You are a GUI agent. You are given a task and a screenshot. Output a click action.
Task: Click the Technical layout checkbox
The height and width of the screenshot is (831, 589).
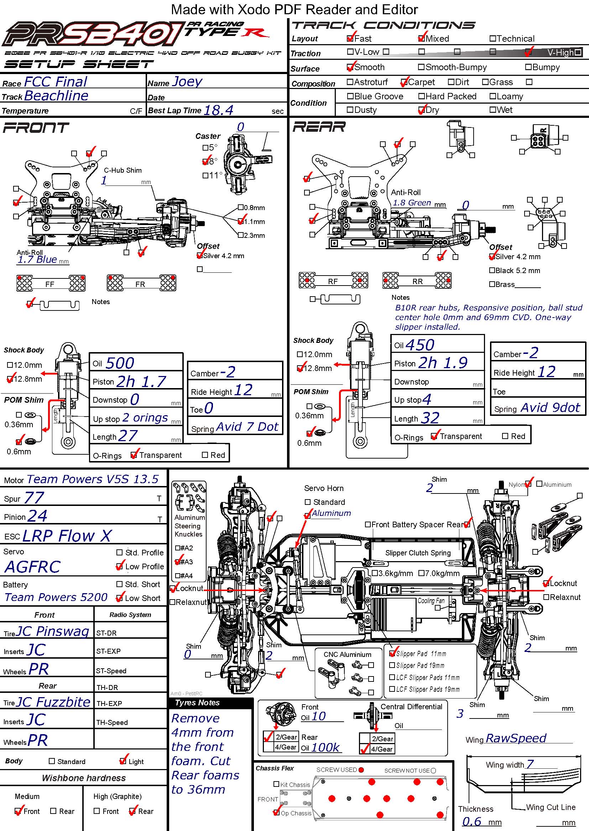(x=492, y=38)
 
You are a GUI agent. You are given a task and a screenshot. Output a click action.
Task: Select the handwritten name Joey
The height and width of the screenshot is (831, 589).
(x=187, y=82)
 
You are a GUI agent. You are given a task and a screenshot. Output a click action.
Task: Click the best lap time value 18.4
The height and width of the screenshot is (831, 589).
(x=218, y=110)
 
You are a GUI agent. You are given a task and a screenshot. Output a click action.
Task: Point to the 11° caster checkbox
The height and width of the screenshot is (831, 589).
(x=205, y=176)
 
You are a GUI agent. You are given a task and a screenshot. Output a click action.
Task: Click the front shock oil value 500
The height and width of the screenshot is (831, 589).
(x=120, y=363)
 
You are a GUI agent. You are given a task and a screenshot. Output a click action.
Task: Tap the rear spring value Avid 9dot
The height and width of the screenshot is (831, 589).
(x=551, y=408)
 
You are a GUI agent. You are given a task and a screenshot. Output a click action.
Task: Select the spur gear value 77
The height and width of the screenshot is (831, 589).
(x=34, y=498)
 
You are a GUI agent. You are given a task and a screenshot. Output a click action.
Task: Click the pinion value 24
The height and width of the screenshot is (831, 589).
(x=37, y=516)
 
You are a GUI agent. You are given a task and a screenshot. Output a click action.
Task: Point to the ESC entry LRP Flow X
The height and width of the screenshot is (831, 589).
(x=67, y=535)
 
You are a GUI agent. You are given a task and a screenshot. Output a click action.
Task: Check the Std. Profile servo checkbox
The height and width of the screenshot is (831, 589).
(x=119, y=553)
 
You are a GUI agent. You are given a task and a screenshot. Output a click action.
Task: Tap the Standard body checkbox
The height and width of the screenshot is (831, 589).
(x=52, y=761)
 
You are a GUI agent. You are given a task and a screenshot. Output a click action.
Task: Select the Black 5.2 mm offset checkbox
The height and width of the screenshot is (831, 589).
(x=492, y=270)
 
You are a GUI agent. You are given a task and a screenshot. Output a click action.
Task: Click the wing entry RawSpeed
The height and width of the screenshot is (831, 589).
(x=516, y=738)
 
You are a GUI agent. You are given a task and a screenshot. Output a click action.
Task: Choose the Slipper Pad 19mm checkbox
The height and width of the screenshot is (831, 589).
(x=392, y=665)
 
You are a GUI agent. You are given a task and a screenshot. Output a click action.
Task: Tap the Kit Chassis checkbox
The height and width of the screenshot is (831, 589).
(x=276, y=784)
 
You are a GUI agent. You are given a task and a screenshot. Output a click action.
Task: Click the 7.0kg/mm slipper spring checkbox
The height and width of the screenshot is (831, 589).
(x=421, y=573)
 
